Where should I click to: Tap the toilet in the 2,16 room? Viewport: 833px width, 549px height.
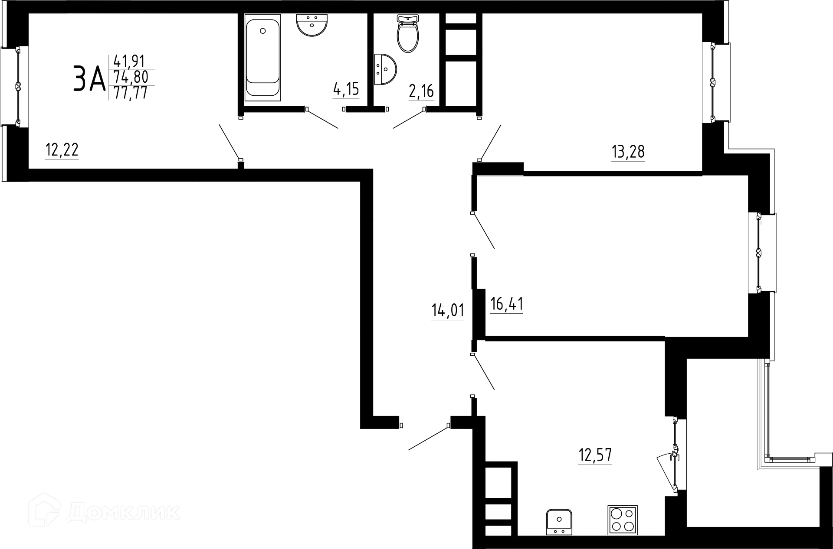click(x=408, y=34)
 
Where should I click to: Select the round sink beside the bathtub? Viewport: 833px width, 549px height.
click(x=312, y=25)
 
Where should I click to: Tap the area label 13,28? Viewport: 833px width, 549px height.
click(x=628, y=152)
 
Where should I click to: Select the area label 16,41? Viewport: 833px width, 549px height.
click(x=506, y=305)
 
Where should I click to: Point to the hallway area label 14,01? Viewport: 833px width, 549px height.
click(x=447, y=311)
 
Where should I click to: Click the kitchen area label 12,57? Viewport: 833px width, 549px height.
click(x=595, y=456)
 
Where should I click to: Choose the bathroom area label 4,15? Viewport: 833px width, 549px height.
click(x=346, y=89)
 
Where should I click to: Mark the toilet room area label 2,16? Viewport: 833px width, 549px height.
click(x=421, y=91)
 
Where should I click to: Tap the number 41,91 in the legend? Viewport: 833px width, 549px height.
click(x=130, y=60)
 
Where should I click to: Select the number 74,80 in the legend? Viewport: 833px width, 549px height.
click(x=131, y=77)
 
